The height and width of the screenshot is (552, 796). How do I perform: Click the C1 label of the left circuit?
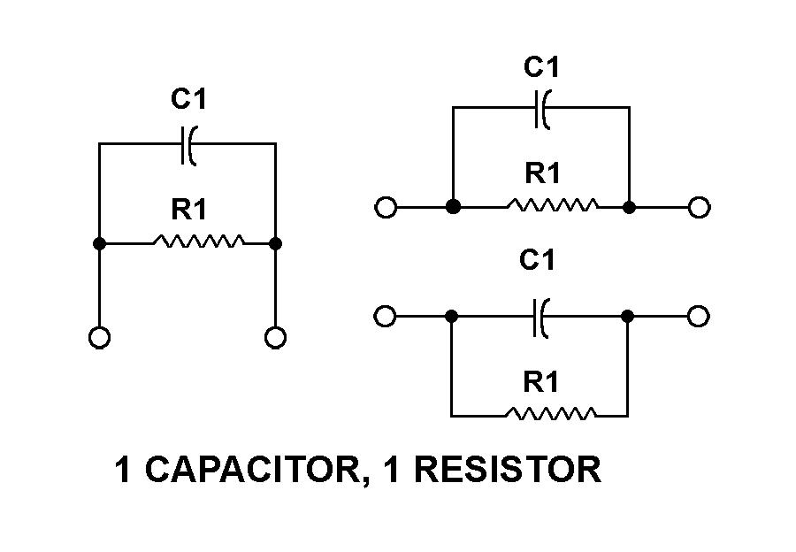(188, 100)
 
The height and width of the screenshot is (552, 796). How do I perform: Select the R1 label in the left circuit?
(188, 211)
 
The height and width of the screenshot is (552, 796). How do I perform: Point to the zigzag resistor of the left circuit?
(198, 241)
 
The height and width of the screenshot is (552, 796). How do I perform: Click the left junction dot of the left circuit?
(100, 242)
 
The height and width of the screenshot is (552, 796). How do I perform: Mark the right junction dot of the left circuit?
(275, 242)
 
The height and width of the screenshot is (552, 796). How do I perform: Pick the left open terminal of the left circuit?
(100, 337)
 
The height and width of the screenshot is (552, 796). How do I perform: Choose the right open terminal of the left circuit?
(275, 337)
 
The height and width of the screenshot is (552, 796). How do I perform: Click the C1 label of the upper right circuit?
(542, 67)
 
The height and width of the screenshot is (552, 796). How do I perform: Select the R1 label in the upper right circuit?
(542, 173)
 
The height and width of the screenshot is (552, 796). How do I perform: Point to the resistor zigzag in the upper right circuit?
(552, 207)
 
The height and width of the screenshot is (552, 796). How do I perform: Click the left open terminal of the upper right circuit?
(385, 208)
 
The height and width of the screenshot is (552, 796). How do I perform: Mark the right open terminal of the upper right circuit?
(699, 208)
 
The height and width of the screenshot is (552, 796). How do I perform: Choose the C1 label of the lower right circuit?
(537, 260)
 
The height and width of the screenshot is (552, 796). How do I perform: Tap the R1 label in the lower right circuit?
(540, 382)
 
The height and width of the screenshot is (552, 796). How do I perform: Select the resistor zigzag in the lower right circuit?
(551, 414)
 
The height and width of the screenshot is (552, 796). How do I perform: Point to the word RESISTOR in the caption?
(508, 470)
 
